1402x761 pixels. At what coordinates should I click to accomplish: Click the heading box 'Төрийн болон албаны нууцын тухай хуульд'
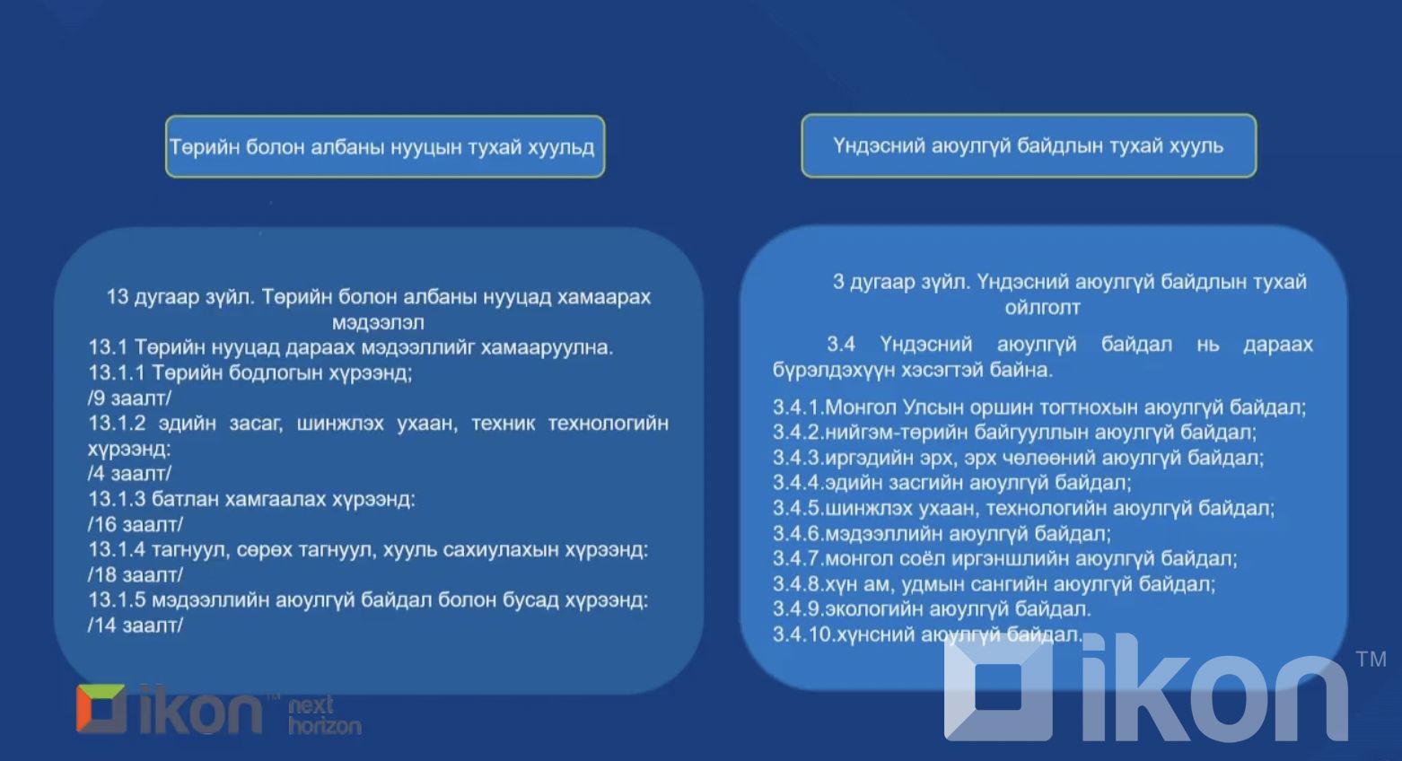click(384, 146)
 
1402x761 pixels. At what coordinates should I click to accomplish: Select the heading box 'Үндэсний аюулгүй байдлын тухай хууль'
click(1028, 145)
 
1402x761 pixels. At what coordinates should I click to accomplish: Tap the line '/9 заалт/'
click(129, 398)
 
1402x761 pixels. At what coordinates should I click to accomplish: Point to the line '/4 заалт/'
click(129, 473)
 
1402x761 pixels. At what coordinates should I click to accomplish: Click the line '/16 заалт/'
click(135, 524)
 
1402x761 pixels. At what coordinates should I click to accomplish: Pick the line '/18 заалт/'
click(135, 574)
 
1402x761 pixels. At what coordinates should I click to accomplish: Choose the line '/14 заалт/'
click(135, 625)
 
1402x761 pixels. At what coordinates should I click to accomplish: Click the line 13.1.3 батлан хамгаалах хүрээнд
click(251, 499)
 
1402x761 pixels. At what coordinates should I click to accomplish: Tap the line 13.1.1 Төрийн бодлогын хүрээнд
click(250, 372)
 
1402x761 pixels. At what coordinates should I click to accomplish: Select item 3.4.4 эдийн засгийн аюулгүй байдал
click(951, 483)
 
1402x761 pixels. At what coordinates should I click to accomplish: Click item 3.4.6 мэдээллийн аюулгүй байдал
click(942, 534)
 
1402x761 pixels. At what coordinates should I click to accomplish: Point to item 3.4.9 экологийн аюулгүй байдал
click(932, 609)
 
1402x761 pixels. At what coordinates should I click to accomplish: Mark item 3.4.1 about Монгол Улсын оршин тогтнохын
click(1038, 407)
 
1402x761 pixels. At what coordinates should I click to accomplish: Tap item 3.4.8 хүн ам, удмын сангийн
click(994, 584)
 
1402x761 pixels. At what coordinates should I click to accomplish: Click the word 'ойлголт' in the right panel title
click(1042, 308)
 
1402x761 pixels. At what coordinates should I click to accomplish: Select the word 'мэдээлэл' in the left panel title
click(378, 322)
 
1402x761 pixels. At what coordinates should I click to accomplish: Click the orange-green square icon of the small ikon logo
click(101, 709)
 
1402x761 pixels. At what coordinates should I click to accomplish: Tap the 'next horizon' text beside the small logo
click(324, 715)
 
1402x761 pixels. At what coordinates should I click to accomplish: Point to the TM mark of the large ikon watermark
click(1371, 660)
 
